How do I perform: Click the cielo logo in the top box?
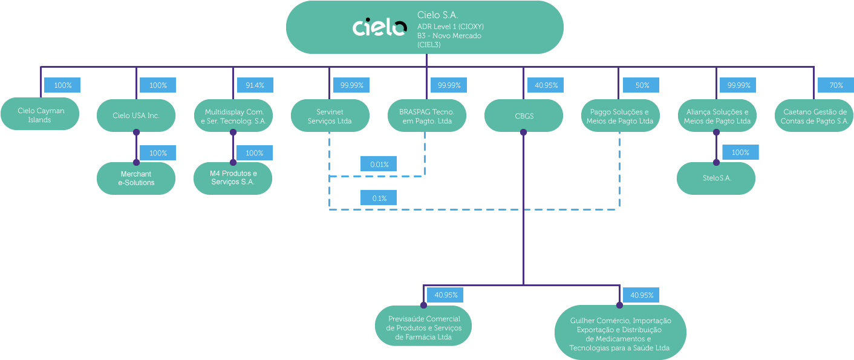(x=379, y=27)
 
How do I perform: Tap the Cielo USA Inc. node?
(x=136, y=115)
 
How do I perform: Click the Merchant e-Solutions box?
(x=136, y=178)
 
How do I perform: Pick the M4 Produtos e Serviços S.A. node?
(x=233, y=178)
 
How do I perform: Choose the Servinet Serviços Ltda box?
(x=330, y=115)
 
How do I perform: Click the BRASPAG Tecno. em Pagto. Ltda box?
(x=426, y=115)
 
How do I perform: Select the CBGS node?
(x=523, y=115)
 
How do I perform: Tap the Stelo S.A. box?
(x=716, y=178)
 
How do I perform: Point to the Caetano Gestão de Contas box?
(x=814, y=115)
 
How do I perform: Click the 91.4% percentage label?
(x=255, y=85)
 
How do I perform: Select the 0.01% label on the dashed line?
(x=379, y=163)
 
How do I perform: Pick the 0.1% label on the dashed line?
(x=379, y=198)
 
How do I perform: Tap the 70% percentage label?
(x=836, y=85)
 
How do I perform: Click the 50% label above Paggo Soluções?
(x=641, y=85)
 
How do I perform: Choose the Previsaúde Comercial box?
(x=423, y=327)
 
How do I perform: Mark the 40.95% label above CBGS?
(x=546, y=85)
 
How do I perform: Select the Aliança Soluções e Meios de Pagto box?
(x=716, y=115)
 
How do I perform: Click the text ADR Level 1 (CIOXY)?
(x=450, y=27)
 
